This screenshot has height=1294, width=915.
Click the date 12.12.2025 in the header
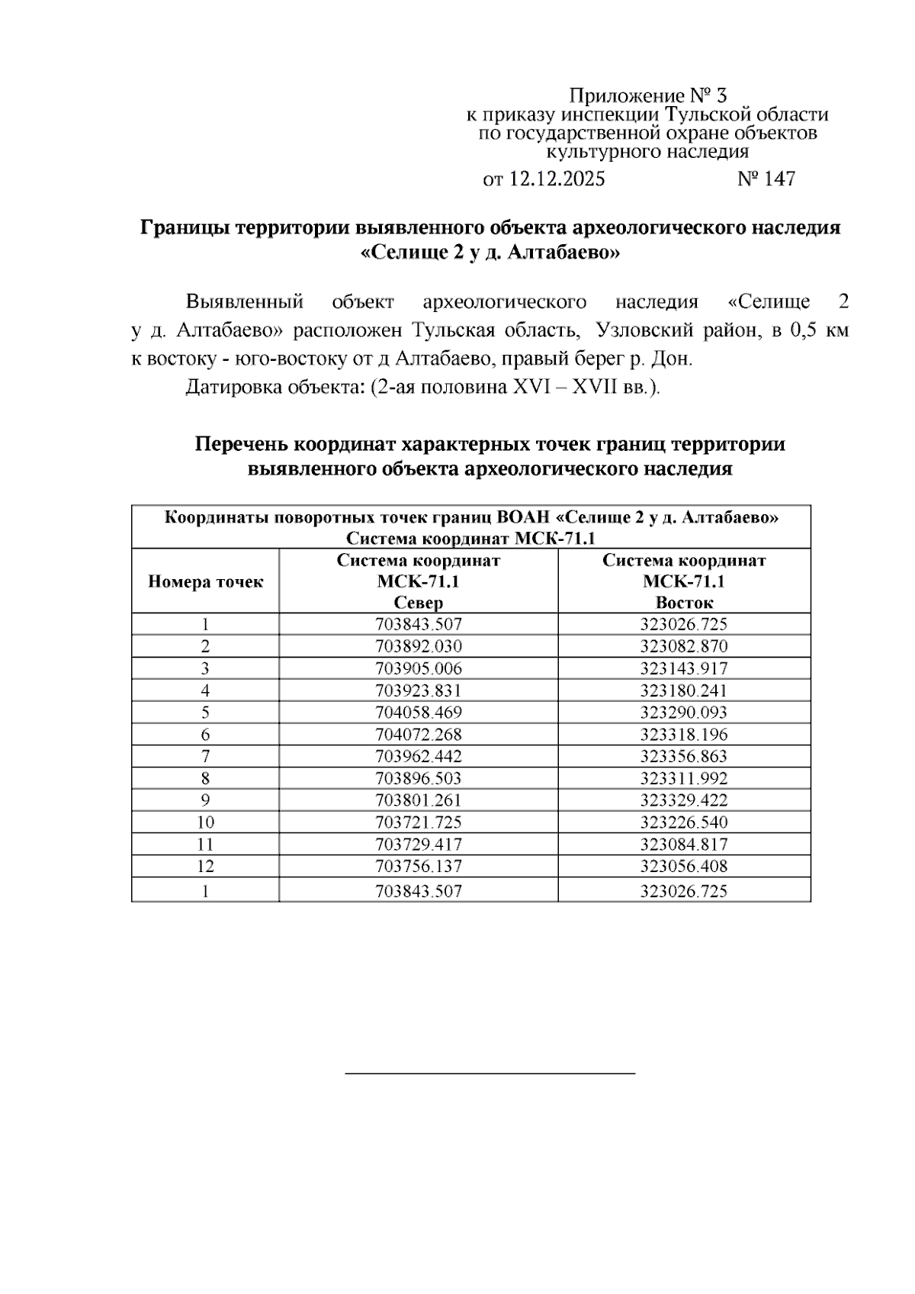coord(557,179)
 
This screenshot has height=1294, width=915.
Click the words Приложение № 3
coord(648,96)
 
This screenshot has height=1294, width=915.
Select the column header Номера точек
coord(205,581)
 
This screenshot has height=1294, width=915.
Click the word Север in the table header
coord(418,603)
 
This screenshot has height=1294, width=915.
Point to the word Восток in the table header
coord(684,603)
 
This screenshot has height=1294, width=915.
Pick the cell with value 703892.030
coord(419,646)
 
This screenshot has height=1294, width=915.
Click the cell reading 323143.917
coord(684,668)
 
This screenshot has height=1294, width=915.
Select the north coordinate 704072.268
coord(419,735)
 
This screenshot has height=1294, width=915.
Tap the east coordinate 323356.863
coord(684,757)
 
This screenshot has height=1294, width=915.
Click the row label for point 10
coord(205,822)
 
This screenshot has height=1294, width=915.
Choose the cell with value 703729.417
coord(419,845)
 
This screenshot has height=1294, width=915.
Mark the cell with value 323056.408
coord(684,867)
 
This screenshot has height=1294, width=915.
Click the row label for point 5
coord(205,713)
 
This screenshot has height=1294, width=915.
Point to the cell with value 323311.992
coord(684,779)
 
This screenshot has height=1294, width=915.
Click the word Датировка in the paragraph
coord(233,387)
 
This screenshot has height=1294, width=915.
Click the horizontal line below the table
coord(490,1074)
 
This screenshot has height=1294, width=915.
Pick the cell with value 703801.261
coord(419,800)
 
